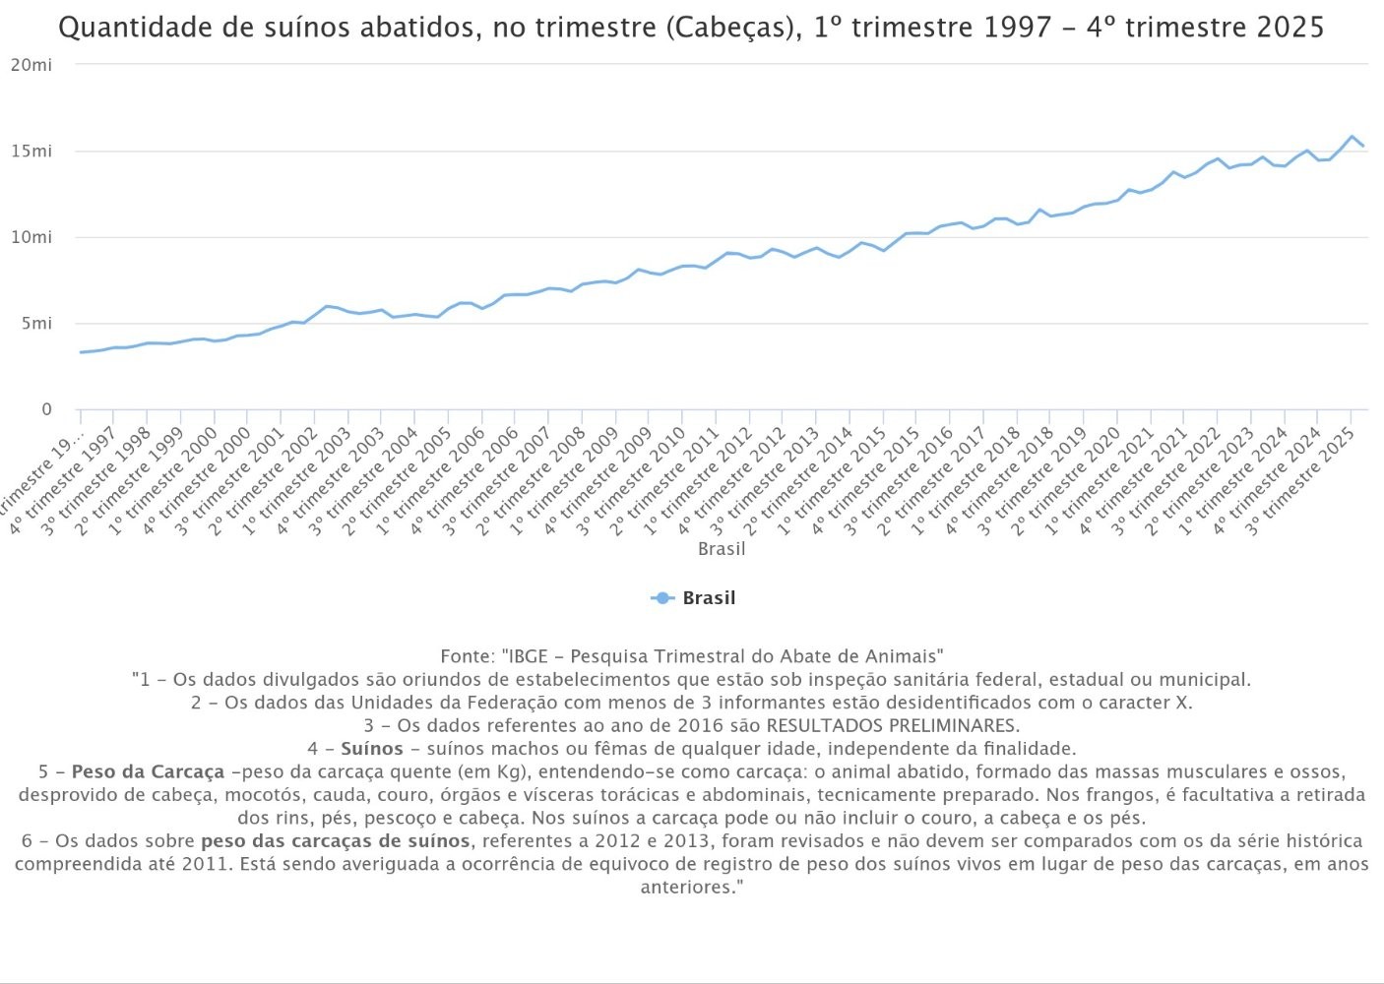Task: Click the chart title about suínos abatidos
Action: click(x=691, y=28)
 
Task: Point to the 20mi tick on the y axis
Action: click(x=31, y=65)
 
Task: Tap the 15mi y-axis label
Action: click(x=31, y=152)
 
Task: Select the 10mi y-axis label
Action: click(x=31, y=237)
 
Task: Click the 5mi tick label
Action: click(x=35, y=324)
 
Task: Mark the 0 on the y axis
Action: click(x=45, y=409)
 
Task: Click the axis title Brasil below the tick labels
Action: click(x=722, y=549)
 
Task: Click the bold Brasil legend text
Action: click(x=709, y=598)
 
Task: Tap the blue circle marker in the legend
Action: click(x=662, y=598)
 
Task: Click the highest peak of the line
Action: click(x=1352, y=137)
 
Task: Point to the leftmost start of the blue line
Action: click(x=81, y=352)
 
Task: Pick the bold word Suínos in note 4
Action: click(x=372, y=749)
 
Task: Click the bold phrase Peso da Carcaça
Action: click(x=148, y=772)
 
